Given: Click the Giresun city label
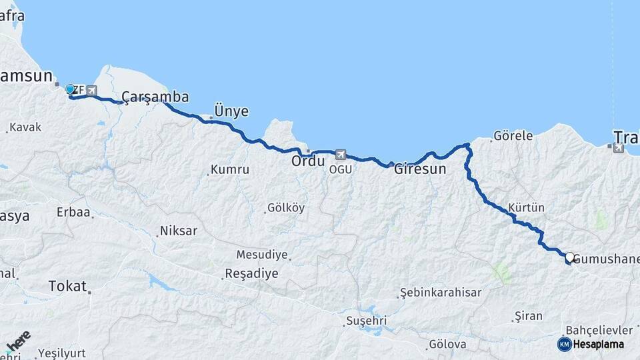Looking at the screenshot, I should [420, 169].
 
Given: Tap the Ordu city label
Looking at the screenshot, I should [308, 161].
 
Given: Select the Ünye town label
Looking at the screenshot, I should [231, 111].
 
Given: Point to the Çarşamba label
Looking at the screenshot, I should [155, 97].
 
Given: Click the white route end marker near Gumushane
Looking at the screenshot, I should [569, 257].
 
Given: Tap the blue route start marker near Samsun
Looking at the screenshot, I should [70, 89].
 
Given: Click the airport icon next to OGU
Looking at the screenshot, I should [341, 155].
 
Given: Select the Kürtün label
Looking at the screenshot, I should [526, 207].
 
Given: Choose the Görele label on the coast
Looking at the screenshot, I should [513, 136].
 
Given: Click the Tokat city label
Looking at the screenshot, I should [68, 287].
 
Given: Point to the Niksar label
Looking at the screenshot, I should [178, 231].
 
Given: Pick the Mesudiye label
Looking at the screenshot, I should [262, 255].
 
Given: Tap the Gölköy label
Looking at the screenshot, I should [285, 208].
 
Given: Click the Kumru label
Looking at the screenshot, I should [231, 170].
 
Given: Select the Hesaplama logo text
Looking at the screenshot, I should [597, 344].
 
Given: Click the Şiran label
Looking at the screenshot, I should [529, 315].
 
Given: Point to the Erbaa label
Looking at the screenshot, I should [73, 213].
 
